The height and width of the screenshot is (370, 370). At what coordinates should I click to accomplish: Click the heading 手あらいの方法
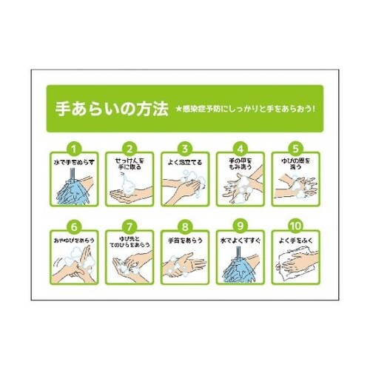tap(102, 108)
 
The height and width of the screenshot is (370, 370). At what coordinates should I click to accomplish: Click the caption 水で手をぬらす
tap(72, 160)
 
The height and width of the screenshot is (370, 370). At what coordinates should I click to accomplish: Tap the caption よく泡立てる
tap(185, 160)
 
